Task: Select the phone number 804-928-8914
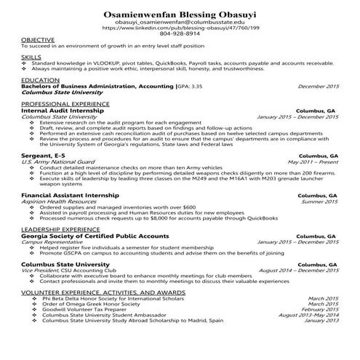(180, 33)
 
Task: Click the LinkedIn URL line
(180, 28)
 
